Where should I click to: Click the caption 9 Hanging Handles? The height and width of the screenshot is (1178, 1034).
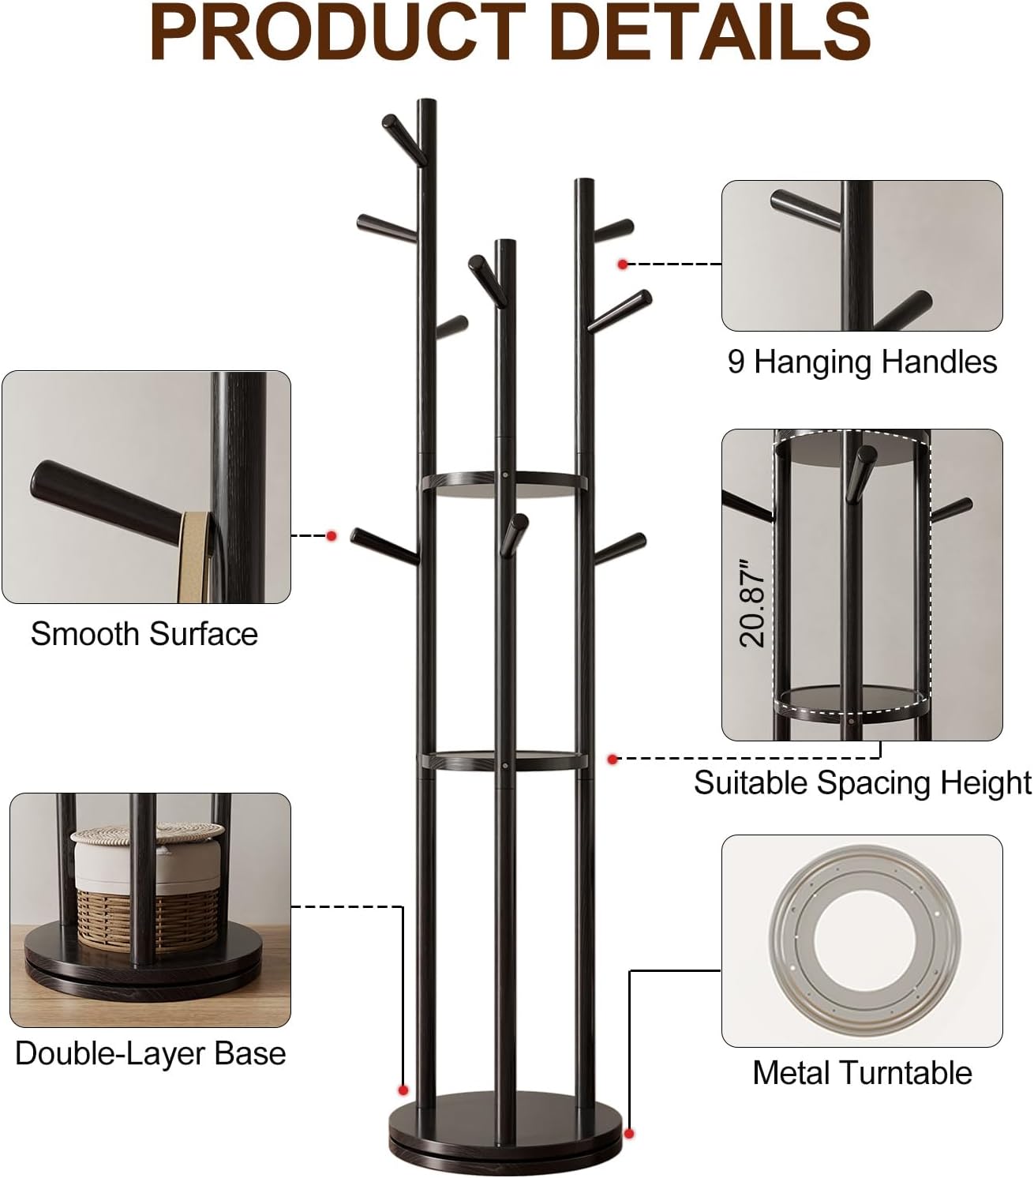pos(862,362)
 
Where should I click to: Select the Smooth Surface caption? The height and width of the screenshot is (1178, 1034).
pos(144,634)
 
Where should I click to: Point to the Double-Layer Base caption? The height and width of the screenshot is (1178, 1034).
pos(150,1053)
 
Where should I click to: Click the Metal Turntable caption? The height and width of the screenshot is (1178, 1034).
pos(862,1073)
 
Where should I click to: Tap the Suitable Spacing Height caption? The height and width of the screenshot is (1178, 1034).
pos(862,782)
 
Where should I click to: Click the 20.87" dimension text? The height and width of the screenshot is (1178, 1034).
pos(752,602)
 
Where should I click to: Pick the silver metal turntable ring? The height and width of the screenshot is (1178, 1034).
pos(862,940)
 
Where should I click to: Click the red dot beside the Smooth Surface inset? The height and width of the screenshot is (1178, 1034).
pos(332,536)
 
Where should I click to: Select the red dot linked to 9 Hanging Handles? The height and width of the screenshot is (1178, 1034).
pos(623,264)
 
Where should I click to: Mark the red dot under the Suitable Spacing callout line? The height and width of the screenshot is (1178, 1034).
pos(613,760)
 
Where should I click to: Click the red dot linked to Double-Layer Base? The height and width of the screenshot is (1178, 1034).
pos(403,1090)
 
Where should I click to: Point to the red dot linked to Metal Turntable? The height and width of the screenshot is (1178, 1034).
pos(629,1134)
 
